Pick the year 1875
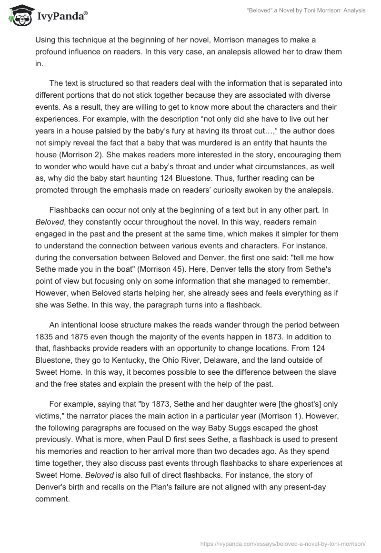[78, 336]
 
